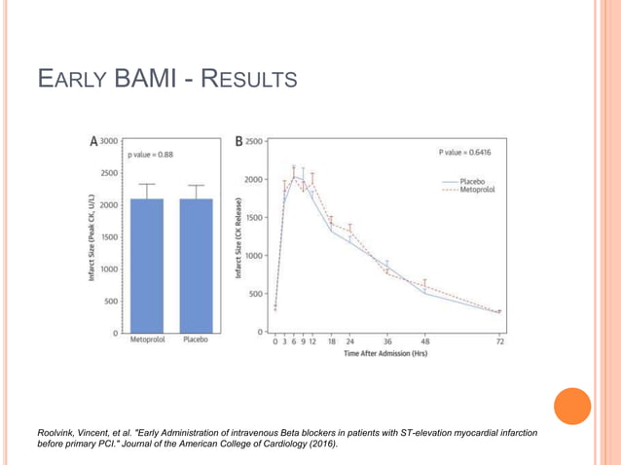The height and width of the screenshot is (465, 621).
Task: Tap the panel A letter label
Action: (x=93, y=141)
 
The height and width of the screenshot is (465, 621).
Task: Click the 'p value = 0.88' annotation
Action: (x=150, y=155)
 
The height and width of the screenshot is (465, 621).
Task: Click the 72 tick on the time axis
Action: (x=500, y=342)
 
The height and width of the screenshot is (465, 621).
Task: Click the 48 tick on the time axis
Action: (x=424, y=342)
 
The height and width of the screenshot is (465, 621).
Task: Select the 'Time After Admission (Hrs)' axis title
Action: (x=385, y=355)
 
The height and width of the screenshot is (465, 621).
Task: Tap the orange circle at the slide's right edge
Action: (x=573, y=406)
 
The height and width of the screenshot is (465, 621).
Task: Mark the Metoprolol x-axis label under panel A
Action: (x=146, y=341)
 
